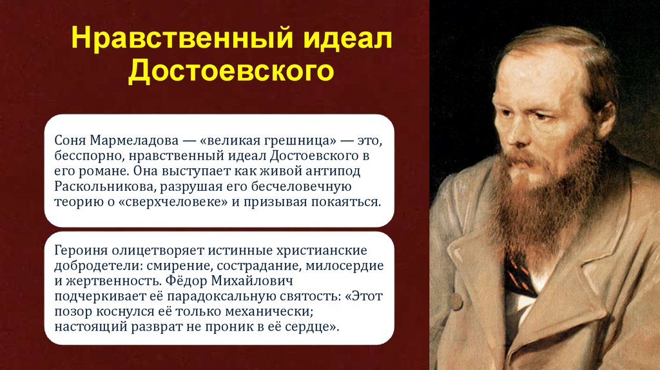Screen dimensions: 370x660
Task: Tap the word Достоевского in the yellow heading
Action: [231, 72]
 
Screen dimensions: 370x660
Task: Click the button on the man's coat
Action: [456, 300]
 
